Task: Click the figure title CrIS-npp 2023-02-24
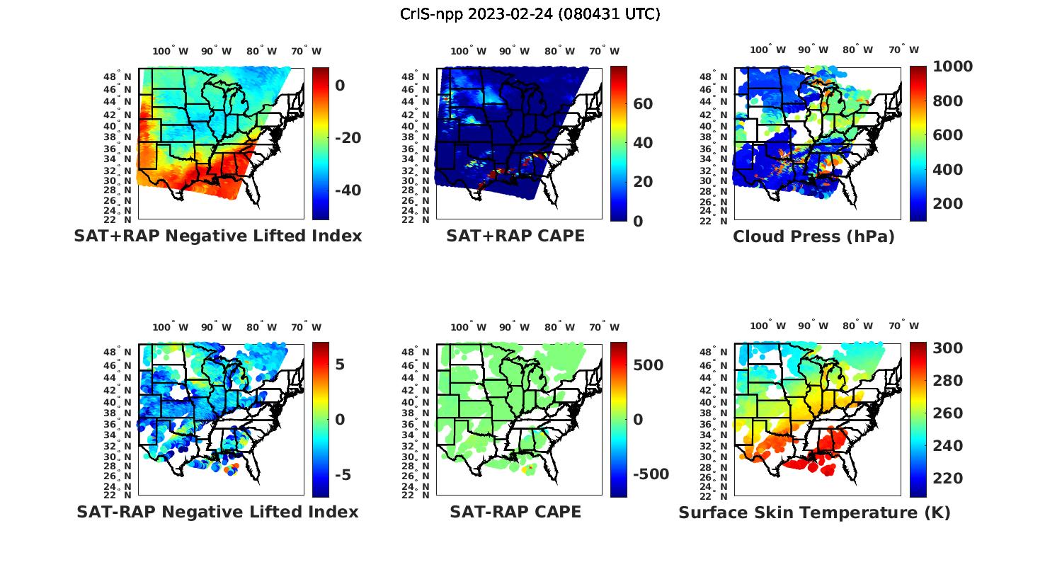(530, 14)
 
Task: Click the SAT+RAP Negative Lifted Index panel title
(217, 236)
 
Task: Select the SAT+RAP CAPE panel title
(515, 236)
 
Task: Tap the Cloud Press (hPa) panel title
(813, 237)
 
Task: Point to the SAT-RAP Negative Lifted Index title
(217, 512)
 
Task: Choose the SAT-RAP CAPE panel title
(515, 512)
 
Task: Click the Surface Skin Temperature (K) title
(814, 513)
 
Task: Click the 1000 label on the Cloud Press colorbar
(952, 67)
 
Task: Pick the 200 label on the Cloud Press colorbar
(948, 204)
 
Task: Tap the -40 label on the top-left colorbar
(348, 190)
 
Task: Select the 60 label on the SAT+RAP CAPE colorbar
(643, 104)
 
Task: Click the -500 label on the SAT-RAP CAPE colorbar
(650, 474)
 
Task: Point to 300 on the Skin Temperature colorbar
(948, 348)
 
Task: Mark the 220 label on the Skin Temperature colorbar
(948, 479)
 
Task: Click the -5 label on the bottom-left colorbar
(343, 475)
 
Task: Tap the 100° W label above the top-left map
(170, 51)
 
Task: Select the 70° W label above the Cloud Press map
(903, 50)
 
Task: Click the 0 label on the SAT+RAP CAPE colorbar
(638, 222)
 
